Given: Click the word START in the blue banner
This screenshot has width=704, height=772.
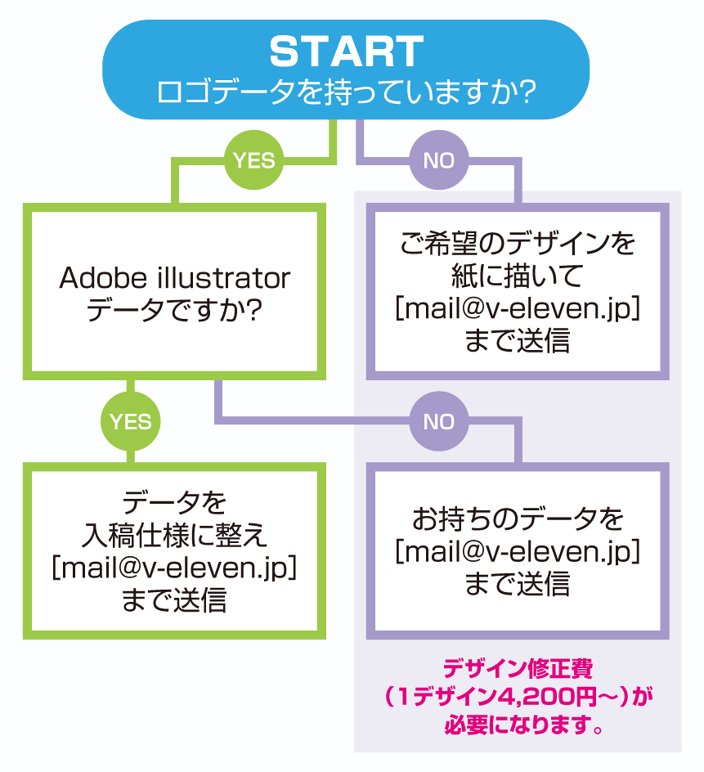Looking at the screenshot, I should click(x=346, y=52).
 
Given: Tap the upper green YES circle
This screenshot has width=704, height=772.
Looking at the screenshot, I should click(x=254, y=160).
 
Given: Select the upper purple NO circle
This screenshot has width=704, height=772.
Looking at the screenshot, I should click(x=438, y=160).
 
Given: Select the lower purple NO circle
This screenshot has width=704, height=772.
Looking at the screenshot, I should click(x=438, y=421).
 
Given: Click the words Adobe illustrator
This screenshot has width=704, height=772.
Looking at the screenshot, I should click(x=174, y=278).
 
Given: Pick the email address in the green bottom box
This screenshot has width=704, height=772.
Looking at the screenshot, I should click(x=173, y=567).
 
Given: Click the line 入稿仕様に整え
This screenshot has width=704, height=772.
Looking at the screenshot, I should click(x=173, y=535).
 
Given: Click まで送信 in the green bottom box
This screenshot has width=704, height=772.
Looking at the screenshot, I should click(x=173, y=599).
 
